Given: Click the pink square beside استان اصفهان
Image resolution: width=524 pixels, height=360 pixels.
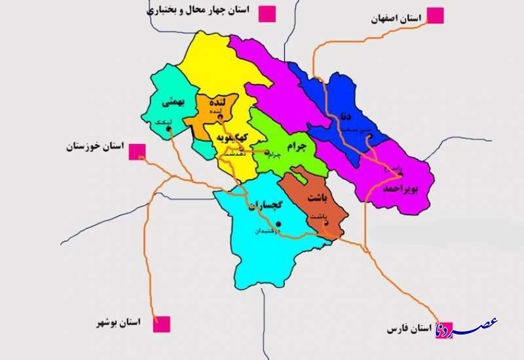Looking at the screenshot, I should pyautogui.click(x=435, y=15).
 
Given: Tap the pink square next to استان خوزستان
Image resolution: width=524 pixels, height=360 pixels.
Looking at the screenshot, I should pyautogui.click(x=137, y=152).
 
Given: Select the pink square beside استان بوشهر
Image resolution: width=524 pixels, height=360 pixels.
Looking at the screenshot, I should pyautogui.click(x=162, y=324).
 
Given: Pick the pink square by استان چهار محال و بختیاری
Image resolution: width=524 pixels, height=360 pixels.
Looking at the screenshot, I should pyautogui.click(x=267, y=14).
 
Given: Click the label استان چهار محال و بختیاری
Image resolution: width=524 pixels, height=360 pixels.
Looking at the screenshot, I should pyautogui.click(x=198, y=10).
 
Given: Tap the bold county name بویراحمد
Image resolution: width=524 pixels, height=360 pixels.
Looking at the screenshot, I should pyautogui.click(x=401, y=189).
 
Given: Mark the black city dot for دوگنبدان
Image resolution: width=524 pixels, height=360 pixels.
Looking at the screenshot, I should pyautogui.click(x=279, y=224).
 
